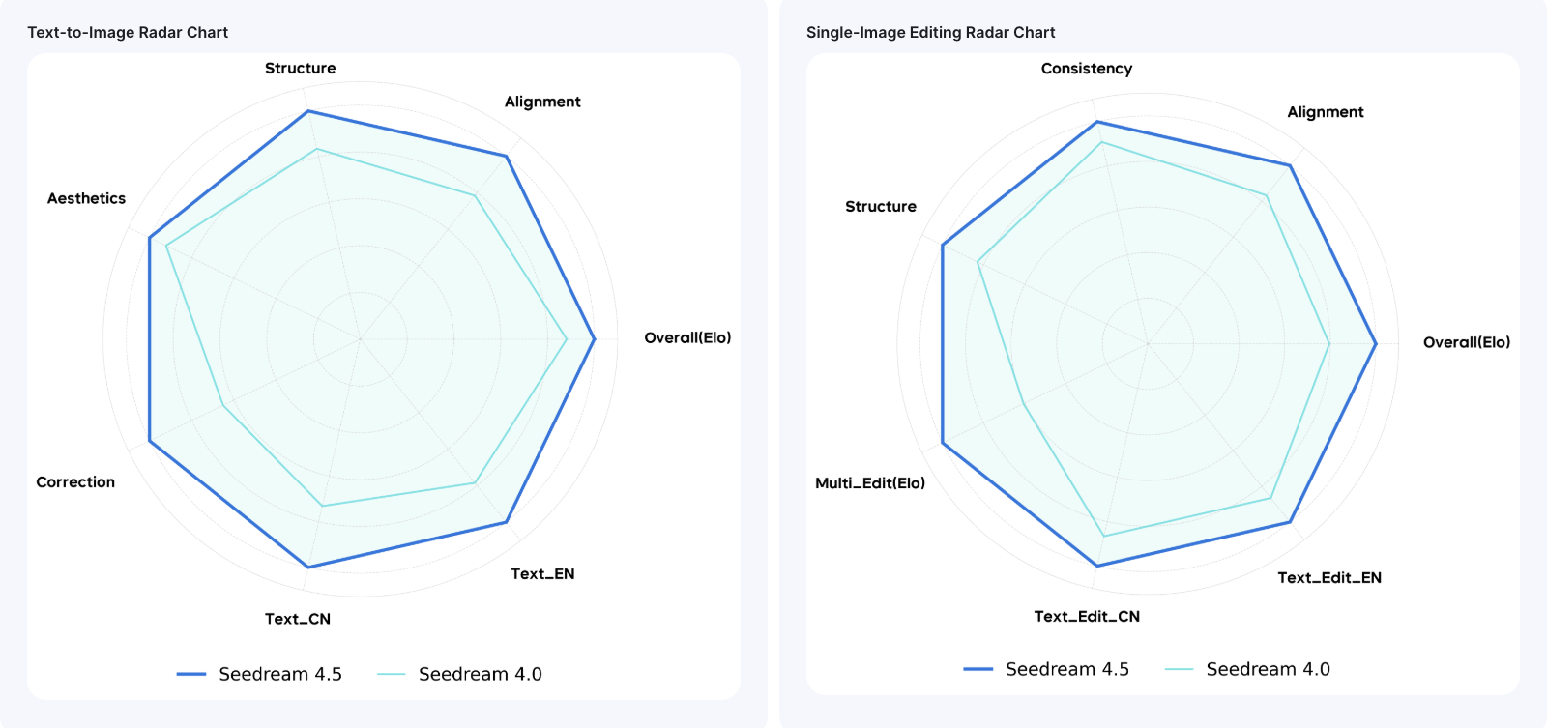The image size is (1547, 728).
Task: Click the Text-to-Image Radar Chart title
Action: click(x=128, y=32)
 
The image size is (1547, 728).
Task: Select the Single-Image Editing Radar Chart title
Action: click(x=930, y=32)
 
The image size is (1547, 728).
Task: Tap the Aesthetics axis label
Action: click(x=86, y=198)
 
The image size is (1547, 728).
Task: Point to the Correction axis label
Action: click(x=75, y=481)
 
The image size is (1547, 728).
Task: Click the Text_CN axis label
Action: click(x=298, y=619)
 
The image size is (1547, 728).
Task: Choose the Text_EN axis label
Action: click(x=542, y=573)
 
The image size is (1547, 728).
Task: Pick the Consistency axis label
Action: click(x=1086, y=69)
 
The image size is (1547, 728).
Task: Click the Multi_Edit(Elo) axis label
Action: click(x=869, y=482)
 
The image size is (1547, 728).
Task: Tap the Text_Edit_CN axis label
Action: click(x=1087, y=616)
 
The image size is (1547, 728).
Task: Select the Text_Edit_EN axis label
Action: click(x=1329, y=577)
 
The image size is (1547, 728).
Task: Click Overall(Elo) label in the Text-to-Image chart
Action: click(x=687, y=337)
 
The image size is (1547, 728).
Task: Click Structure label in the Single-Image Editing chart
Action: click(x=880, y=206)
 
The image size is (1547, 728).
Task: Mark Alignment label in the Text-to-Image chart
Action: click(x=542, y=102)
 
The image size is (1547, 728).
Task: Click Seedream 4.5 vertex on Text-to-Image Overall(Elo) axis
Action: click(x=595, y=339)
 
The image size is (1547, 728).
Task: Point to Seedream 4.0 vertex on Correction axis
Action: click(x=223, y=405)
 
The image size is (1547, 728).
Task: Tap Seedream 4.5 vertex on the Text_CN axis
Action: click(x=307, y=567)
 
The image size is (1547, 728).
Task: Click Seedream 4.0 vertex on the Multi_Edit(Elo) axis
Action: click(x=1023, y=403)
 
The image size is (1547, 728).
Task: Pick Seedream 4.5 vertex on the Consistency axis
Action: click(x=1096, y=122)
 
